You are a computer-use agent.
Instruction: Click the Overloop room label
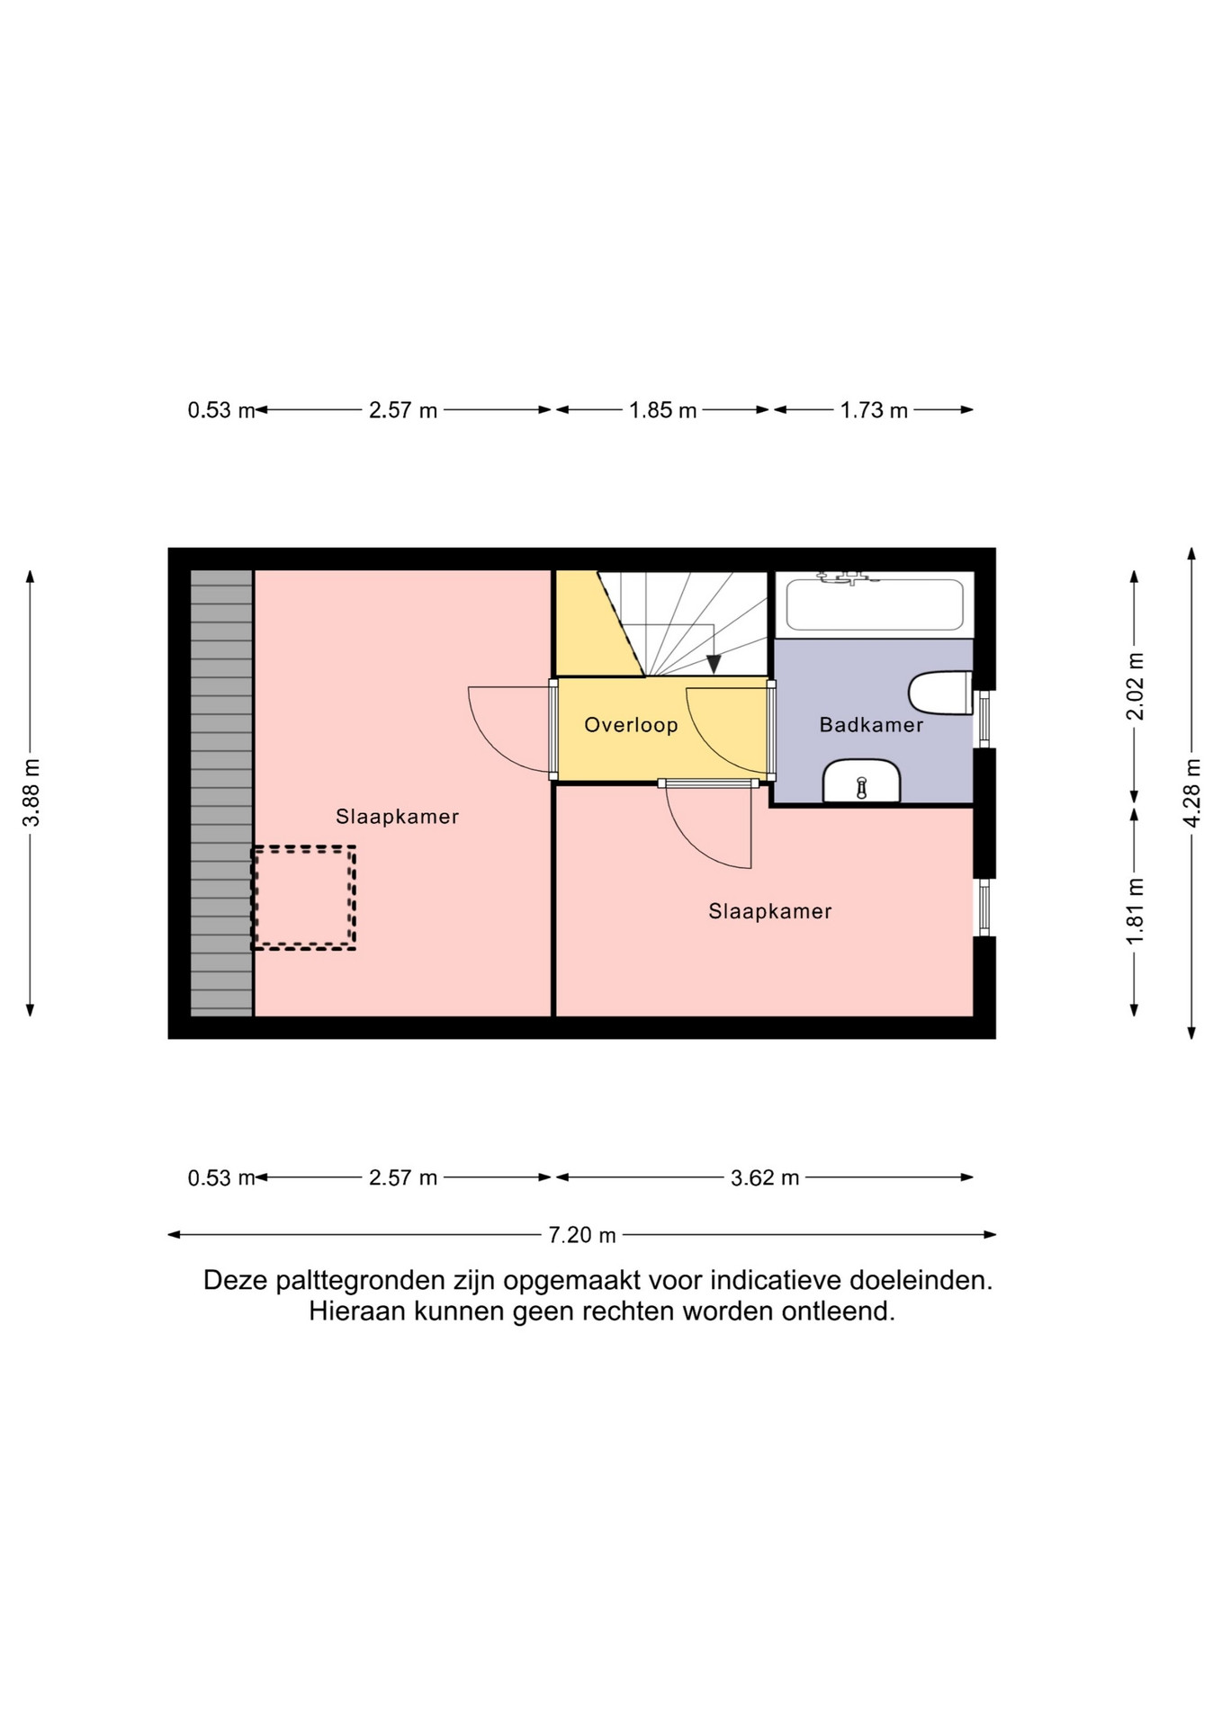click(631, 725)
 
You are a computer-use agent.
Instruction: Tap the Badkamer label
click(871, 725)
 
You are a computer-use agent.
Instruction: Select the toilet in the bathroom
click(940, 693)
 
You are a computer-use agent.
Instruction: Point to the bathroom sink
click(861, 781)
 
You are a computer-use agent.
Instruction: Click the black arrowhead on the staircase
click(714, 664)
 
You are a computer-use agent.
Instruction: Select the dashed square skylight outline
click(303, 898)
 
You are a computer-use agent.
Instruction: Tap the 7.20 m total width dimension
click(582, 1235)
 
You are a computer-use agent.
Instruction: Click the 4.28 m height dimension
click(1192, 792)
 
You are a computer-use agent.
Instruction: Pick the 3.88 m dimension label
click(31, 792)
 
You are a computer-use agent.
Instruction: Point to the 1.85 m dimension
click(663, 410)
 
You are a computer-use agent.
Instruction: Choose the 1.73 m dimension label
click(874, 410)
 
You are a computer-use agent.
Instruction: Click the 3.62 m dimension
click(765, 1177)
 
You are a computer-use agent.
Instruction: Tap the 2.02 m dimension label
click(1136, 686)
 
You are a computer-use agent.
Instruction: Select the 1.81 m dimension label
click(1136, 911)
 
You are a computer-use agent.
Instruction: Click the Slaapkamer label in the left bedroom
click(397, 817)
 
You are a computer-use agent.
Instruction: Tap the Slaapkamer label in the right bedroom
click(769, 911)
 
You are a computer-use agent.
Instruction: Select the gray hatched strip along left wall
click(221, 792)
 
